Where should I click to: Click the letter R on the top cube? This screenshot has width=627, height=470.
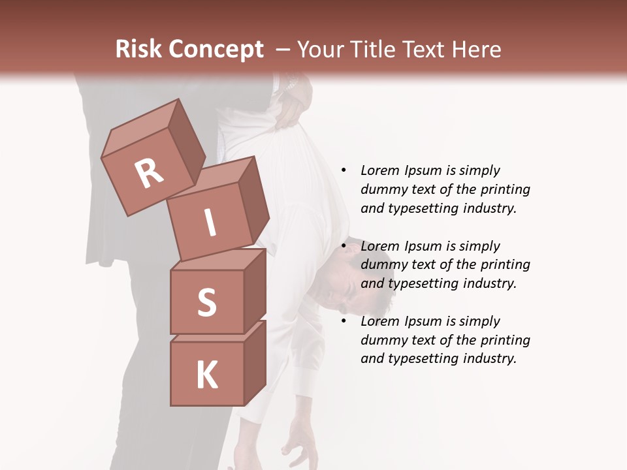point(149,173)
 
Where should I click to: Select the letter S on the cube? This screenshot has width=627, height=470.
point(206,303)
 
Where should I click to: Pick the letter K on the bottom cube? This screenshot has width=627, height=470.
point(207,375)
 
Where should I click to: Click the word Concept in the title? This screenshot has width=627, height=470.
point(216,50)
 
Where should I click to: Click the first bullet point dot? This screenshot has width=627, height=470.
point(344,170)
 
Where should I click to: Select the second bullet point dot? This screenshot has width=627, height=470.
point(344,246)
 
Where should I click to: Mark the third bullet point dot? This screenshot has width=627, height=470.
point(344,321)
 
